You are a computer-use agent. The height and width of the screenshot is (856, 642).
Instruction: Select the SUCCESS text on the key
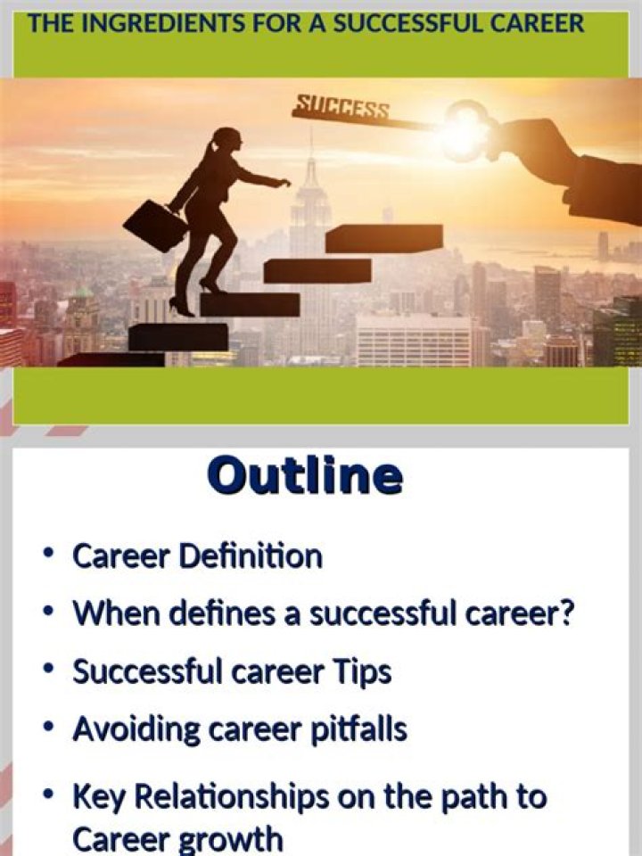pos(342,109)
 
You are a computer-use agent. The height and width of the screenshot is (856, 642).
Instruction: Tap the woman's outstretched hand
pos(283,183)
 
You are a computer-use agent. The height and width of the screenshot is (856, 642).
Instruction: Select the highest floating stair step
pos(383,238)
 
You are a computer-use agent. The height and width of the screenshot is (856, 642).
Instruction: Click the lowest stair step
pos(111,359)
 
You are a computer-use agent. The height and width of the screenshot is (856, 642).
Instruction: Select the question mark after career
pos(563,613)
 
